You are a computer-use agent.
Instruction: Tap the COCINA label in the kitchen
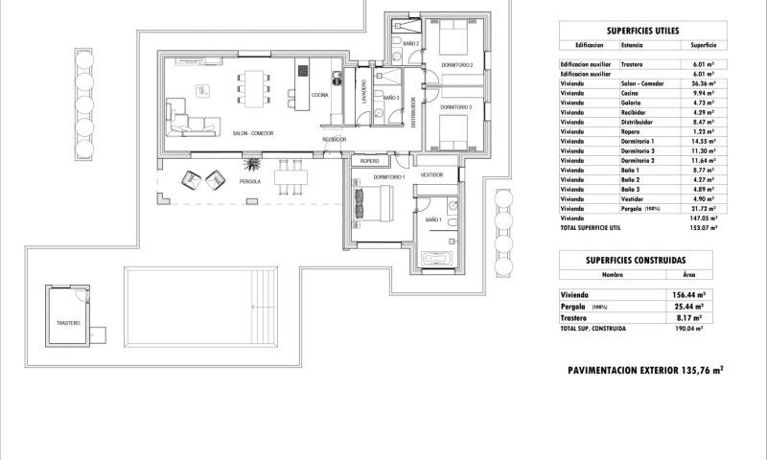(320, 96)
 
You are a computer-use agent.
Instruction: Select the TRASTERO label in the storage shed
(68, 323)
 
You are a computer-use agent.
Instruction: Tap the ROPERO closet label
(370, 162)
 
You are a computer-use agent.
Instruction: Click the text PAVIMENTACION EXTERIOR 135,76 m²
(644, 368)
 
